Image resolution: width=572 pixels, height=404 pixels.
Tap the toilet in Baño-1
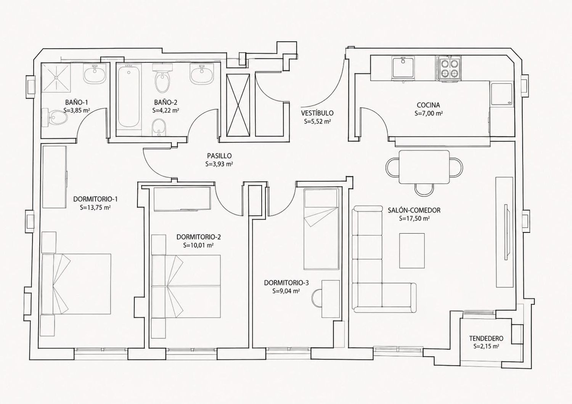(x=55, y=117)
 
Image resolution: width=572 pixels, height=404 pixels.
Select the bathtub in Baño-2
(x=129, y=96)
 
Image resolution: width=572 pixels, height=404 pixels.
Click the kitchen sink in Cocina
(x=403, y=68)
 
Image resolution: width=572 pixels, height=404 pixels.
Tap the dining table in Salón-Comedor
(x=424, y=167)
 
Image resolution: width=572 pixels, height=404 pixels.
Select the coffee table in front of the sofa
(x=412, y=251)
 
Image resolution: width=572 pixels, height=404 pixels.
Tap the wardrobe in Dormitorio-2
(x=183, y=199)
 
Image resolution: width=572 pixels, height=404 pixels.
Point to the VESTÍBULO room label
(x=317, y=113)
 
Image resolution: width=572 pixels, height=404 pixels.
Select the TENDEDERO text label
(x=486, y=338)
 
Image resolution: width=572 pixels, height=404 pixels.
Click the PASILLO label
(x=219, y=156)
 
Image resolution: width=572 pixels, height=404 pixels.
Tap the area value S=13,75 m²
(x=95, y=207)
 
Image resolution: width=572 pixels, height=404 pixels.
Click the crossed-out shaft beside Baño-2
(x=238, y=104)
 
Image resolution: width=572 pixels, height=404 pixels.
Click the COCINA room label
(x=429, y=105)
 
